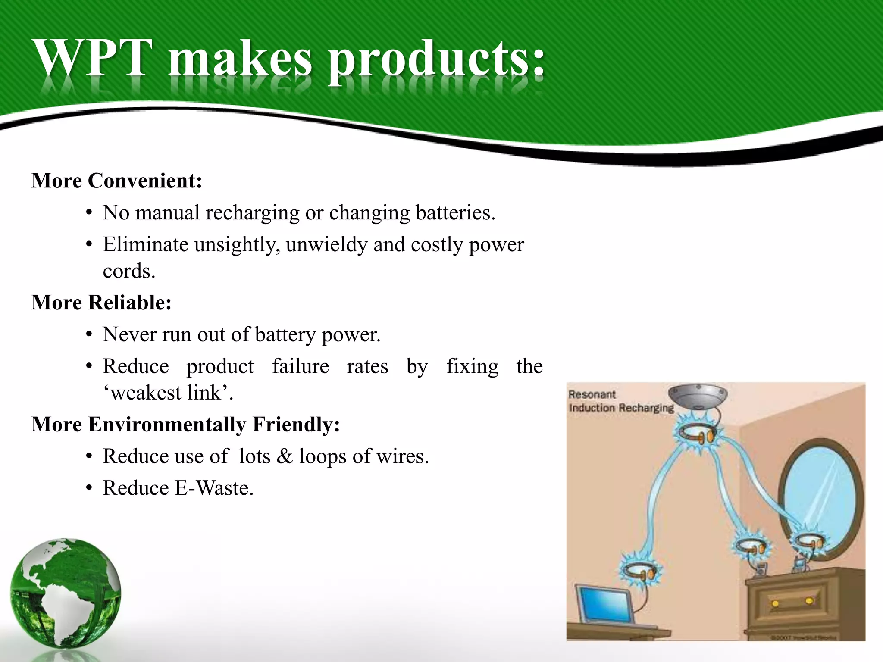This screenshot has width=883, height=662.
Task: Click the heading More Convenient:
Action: (117, 181)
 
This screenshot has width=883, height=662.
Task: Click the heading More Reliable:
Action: (102, 303)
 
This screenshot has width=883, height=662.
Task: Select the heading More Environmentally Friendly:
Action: (186, 425)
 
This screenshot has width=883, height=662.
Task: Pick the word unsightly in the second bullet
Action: (237, 245)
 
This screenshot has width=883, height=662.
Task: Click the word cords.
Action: (129, 271)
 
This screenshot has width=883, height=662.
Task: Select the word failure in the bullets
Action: (301, 366)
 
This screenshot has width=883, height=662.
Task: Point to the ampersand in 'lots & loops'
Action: (284, 456)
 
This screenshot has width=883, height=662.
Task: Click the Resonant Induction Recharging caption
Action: (621, 401)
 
